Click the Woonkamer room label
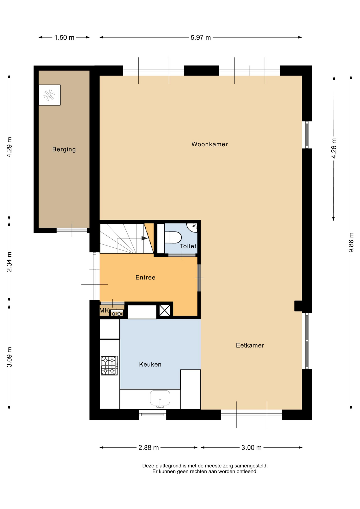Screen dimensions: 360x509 [x=209, y=144]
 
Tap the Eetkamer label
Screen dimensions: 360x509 [x=250, y=345]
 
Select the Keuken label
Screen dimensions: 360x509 [x=150, y=364]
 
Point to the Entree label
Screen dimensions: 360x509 [x=145, y=277]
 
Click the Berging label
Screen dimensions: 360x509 [x=64, y=149]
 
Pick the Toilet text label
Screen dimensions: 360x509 [x=188, y=246]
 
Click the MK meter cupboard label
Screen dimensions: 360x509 [x=104, y=310]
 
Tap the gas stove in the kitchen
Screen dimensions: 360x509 [x=109, y=366]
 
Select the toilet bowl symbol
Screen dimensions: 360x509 [x=173, y=237]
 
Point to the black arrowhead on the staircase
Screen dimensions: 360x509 [x=144, y=238]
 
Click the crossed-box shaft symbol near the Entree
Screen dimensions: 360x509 [x=165, y=310]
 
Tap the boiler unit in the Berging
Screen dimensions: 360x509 [x=50, y=95]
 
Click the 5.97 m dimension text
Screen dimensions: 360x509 [x=201, y=37]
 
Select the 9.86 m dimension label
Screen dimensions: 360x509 [x=351, y=243]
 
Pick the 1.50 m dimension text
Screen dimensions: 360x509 [x=64, y=37]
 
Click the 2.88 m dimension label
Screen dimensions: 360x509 [x=148, y=448]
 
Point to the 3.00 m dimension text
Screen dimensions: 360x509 [x=251, y=448]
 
